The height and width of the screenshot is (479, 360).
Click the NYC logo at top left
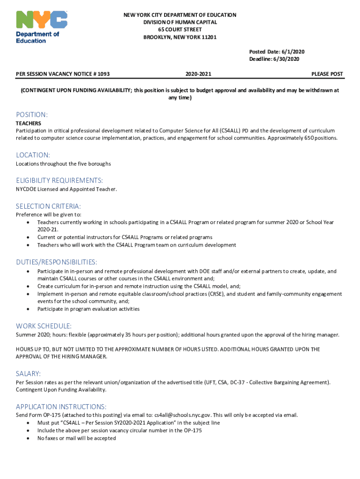point(42,21)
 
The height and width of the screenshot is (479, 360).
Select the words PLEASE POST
point(327,74)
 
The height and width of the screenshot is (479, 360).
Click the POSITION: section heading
point(32,115)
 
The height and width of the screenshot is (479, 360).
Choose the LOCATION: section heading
point(33,155)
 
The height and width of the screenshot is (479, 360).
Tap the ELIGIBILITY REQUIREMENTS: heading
point(59,181)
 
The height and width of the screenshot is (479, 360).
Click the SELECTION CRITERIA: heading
point(48,206)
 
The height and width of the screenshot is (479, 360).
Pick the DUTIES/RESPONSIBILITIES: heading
point(57,262)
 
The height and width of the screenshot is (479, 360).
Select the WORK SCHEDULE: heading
point(43,326)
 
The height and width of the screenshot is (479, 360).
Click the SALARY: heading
point(29,374)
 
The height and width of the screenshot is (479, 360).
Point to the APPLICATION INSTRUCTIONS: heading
point(61,406)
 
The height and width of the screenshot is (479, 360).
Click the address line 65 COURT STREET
point(180,30)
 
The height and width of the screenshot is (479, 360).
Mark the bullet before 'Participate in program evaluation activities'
point(29,309)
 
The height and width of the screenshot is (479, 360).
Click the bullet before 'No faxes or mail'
point(29,438)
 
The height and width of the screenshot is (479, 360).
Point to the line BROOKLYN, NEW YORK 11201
point(180,37)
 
